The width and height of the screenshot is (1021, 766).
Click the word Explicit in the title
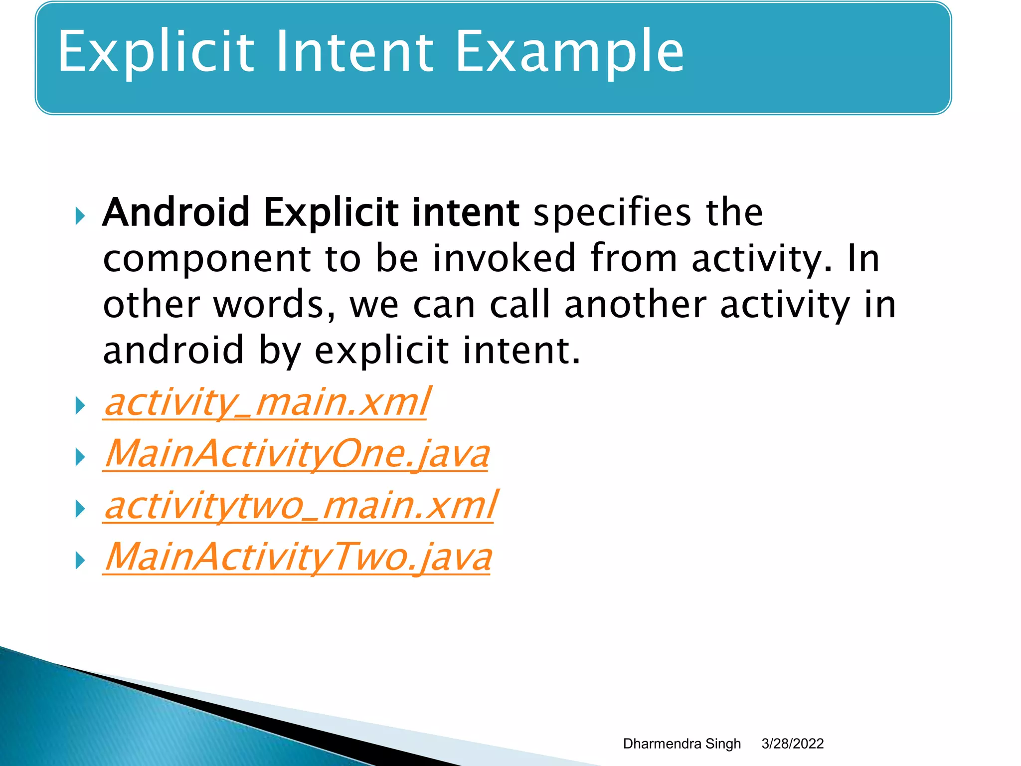pyautogui.click(x=156, y=52)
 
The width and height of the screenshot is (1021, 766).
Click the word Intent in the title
pyautogui.click(x=354, y=52)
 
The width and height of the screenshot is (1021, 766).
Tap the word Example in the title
pyautogui.click(x=569, y=52)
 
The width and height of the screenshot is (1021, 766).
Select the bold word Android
pyautogui.click(x=176, y=212)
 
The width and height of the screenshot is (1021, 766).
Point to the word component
pyautogui.click(x=207, y=259)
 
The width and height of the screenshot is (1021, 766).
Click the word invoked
pyautogui.click(x=504, y=258)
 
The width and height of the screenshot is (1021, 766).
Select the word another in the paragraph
pyautogui.click(x=635, y=305)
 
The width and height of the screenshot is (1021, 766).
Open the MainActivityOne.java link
pyautogui.click(x=297, y=455)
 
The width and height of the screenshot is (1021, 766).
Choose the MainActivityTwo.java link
pyautogui.click(x=298, y=558)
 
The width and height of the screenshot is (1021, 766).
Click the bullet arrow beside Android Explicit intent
pyautogui.click(x=80, y=216)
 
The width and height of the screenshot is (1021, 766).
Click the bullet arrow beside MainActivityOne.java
pyautogui.click(x=80, y=457)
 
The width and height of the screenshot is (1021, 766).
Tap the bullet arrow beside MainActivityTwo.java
pyautogui.click(x=80, y=561)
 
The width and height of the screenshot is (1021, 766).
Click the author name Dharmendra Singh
pyautogui.click(x=681, y=744)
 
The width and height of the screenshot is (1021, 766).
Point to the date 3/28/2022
pyautogui.click(x=792, y=744)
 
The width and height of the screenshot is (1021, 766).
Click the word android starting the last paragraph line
pyautogui.click(x=173, y=351)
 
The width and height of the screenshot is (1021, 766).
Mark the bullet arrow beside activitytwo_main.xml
pyautogui.click(x=80, y=509)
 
